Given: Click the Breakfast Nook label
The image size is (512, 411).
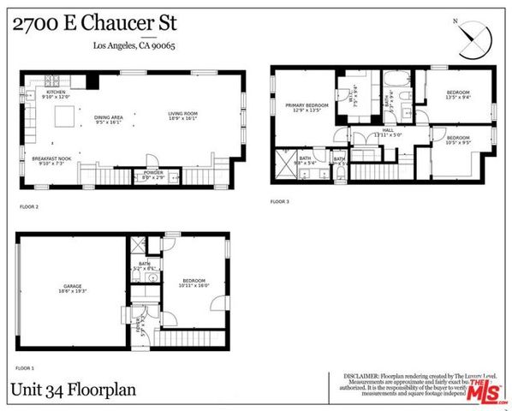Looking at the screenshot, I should pyautogui.click(x=50, y=160).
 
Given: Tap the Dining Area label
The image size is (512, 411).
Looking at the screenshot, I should pyautogui.click(x=109, y=119).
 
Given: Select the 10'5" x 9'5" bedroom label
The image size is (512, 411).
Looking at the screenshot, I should pyautogui.click(x=457, y=139).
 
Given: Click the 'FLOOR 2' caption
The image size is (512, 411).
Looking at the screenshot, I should pyautogui.click(x=29, y=207).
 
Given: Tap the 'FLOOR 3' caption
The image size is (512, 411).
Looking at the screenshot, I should pyautogui.click(x=280, y=202).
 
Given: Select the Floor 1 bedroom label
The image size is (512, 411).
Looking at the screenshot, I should pyautogui.click(x=193, y=283).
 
